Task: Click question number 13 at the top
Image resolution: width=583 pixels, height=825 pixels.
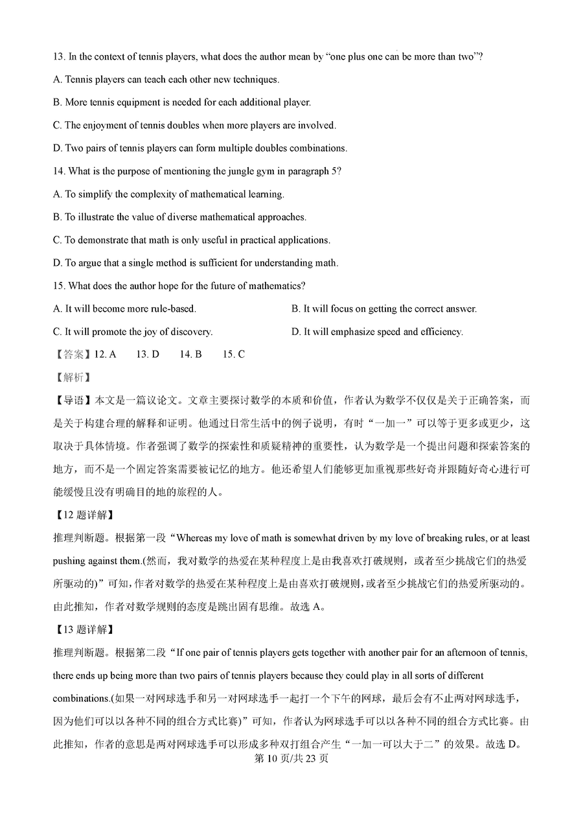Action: click(59, 57)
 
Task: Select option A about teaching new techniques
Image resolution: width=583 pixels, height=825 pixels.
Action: click(166, 80)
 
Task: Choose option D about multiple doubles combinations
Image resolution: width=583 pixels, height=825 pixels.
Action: click(200, 148)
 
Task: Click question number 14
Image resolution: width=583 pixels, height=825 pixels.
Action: click(59, 171)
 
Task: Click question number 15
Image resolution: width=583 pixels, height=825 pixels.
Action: click(59, 286)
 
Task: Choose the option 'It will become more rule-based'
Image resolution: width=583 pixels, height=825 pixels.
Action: click(124, 309)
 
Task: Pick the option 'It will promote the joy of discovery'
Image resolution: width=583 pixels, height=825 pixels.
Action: click(133, 332)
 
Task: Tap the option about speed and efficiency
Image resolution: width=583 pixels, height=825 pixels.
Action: click(377, 332)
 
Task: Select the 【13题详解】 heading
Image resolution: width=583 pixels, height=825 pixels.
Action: click(84, 629)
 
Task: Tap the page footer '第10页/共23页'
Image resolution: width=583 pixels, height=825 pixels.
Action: click(291, 758)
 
